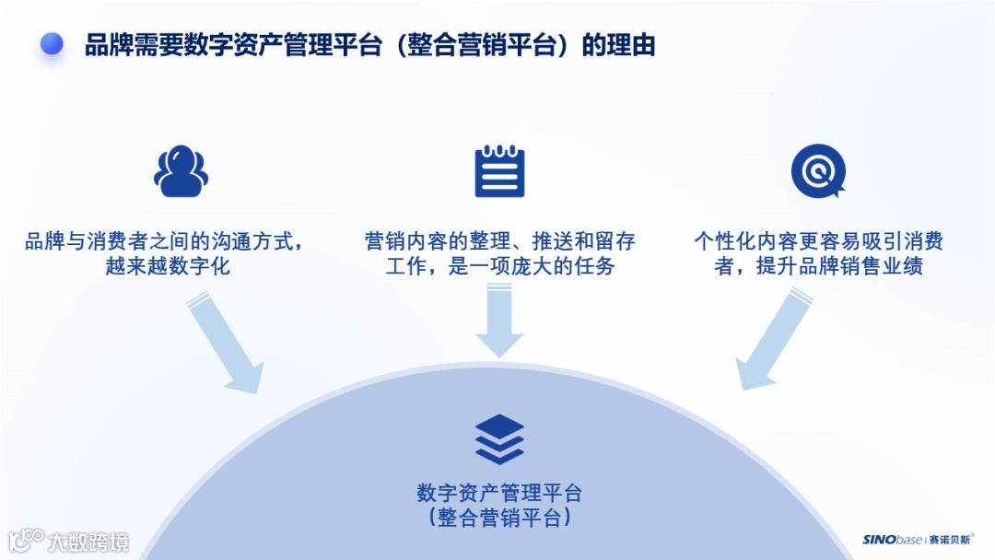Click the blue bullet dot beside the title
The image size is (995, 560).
(x=52, y=43)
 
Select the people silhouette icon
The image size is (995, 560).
(x=181, y=171)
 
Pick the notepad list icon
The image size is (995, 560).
(x=499, y=171)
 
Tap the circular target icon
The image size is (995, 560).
(x=817, y=171)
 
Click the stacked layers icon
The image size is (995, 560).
(x=499, y=438)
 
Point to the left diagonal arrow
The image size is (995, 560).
(x=224, y=341)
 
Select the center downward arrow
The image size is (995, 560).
(x=499, y=321)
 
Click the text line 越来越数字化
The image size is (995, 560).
(x=168, y=267)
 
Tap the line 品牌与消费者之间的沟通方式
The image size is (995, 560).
(x=164, y=242)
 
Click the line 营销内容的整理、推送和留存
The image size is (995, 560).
(x=499, y=242)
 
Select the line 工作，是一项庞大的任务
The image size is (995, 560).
(x=499, y=267)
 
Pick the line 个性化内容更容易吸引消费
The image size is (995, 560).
(x=818, y=242)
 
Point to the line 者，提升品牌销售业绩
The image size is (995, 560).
(x=818, y=267)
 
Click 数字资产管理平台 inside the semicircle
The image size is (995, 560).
(x=499, y=493)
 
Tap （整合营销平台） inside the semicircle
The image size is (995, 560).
(x=499, y=518)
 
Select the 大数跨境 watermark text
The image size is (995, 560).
(x=88, y=542)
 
